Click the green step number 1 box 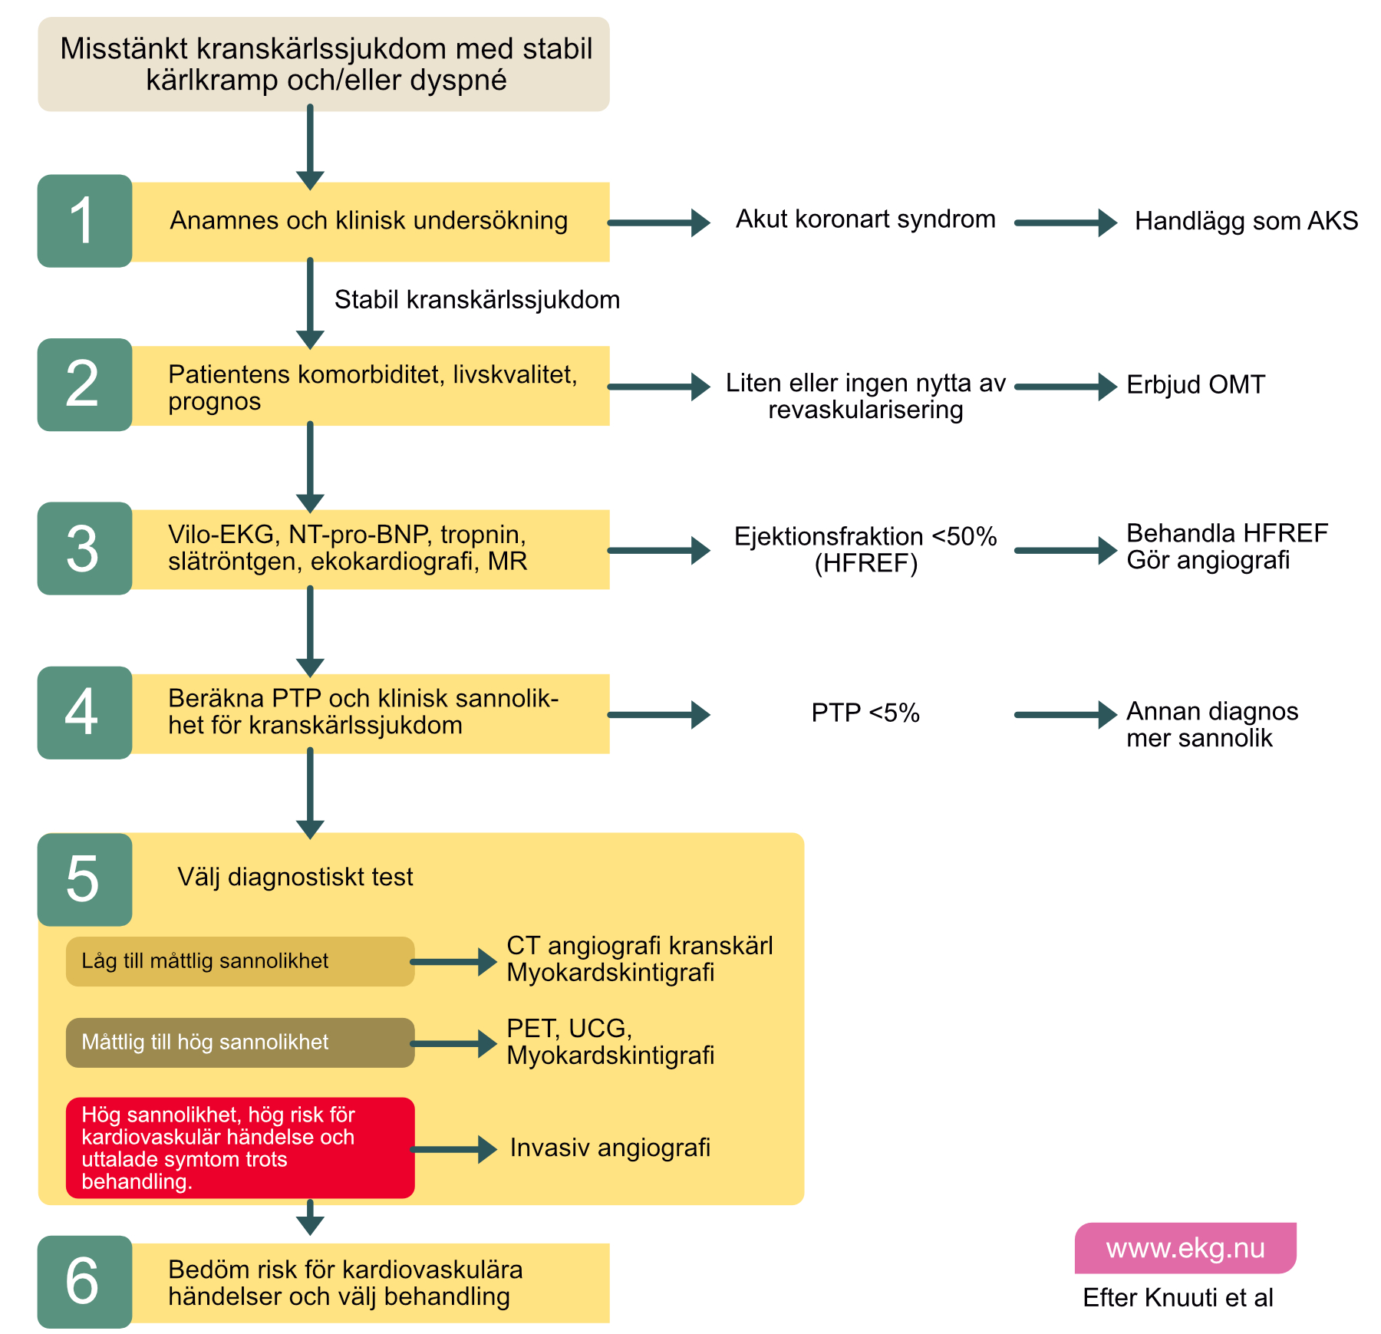pyautogui.click(x=84, y=221)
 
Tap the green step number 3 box pyautogui.click(x=84, y=548)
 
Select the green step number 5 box pyautogui.click(x=84, y=879)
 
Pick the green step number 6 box pyautogui.click(x=84, y=1282)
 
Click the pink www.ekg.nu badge pyautogui.click(x=1185, y=1248)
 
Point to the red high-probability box pyautogui.click(x=240, y=1148)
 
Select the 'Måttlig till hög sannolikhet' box pyautogui.click(x=240, y=1042)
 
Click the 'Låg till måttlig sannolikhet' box pyautogui.click(x=240, y=961)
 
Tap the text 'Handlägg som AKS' pyautogui.click(x=1246, y=221)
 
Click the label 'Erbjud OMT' pyautogui.click(x=1195, y=384)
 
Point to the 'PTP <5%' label pyautogui.click(x=865, y=713)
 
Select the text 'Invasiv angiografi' pyautogui.click(x=610, y=1148)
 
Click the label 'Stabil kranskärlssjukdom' pyautogui.click(x=477, y=299)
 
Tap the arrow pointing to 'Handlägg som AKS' pyautogui.click(x=1066, y=223)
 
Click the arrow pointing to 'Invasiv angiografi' pyautogui.click(x=454, y=1149)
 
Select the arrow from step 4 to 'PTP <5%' pyautogui.click(x=659, y=715)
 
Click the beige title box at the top pyautogui.click(x=324, y=64)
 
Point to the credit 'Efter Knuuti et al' pyautogui.click(x=1178, y=1297)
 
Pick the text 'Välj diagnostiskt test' pyautogui.click(x=295, y=877)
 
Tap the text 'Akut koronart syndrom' pyautogui.click(x=865, y=219)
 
